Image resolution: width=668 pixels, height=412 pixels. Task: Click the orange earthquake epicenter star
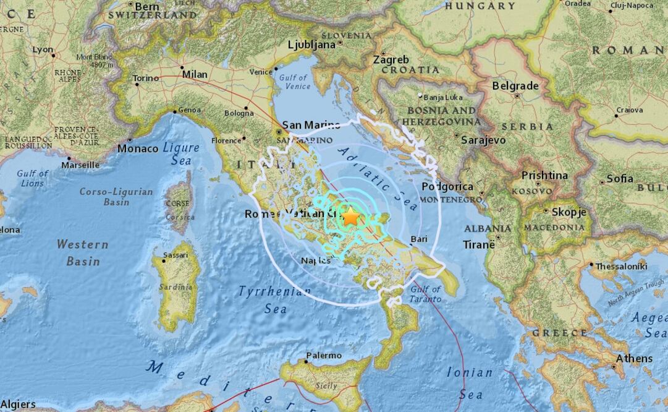pyautogui.click(x=351, y=217)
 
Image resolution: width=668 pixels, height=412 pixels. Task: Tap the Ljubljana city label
pyautogui.click(x=312, y=44)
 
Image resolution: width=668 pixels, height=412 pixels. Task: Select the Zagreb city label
pyautogui.click(x=391, y=60)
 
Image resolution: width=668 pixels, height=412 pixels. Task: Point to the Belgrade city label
pyautogui.click(x=515, y=87)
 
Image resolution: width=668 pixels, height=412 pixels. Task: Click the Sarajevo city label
pyautogui.click(x=483, y=140)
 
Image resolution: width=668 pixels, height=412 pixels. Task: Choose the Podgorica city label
pyautogui.click(x=447, y=187)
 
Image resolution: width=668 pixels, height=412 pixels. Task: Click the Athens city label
pyautogui.click(x=634, y=359)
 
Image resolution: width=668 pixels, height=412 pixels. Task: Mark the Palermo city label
pyautogui.click(x=323, y=356)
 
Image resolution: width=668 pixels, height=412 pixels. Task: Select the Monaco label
pyautogui.click(x=138, y=149)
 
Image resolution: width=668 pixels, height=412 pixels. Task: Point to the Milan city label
pyautogui.click(x=195, y=74)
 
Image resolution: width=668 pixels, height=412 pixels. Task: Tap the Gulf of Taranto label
pyautogui.click(x=425, y=294)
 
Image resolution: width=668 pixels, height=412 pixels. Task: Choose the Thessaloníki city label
pyautogui.click(x=621, y=266)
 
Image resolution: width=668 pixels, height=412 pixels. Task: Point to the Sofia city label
pyautogui.click(x=619, y=179)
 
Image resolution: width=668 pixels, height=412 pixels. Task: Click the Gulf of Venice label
pyautogui.click(x=294, y=82)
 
